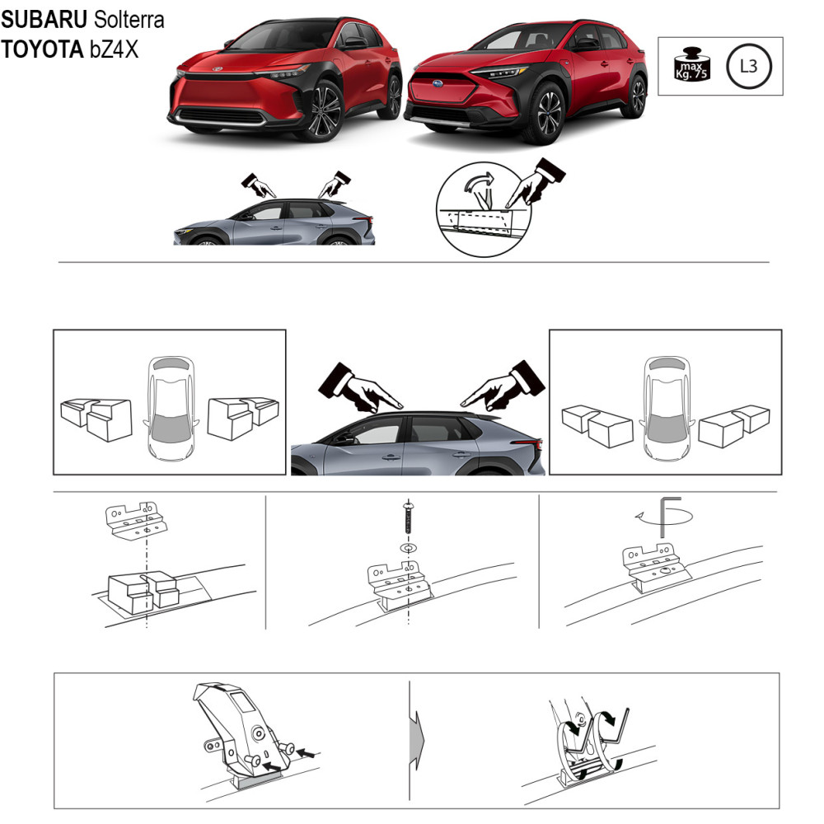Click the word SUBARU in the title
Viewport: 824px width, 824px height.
(44, 20)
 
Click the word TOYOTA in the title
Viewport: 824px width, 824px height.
(43, 49)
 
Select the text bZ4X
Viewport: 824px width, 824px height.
(114, 49)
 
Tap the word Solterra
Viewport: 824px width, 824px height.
(129, 20)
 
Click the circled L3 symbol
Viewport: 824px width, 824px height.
(748, 67)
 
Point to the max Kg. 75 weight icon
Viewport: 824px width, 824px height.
(691, 64)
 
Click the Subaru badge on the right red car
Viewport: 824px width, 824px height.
(438, 83)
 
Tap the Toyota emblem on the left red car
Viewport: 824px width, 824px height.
(217, 69)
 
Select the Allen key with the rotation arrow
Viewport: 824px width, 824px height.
(663, 517)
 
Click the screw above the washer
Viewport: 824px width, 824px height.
(409, 518)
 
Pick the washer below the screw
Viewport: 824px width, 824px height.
(409, 548)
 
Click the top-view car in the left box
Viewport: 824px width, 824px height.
(171, 409)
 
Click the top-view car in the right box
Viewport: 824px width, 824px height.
(667, 409)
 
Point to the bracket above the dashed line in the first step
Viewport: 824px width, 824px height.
(137, 520)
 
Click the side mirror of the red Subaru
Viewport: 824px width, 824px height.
(587, 44)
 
